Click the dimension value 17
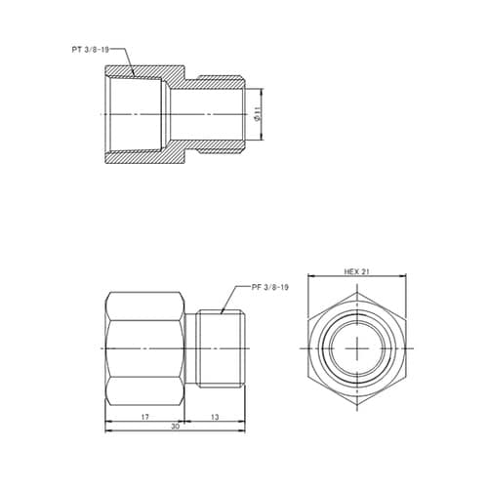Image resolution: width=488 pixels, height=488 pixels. (x=144, y=416)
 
